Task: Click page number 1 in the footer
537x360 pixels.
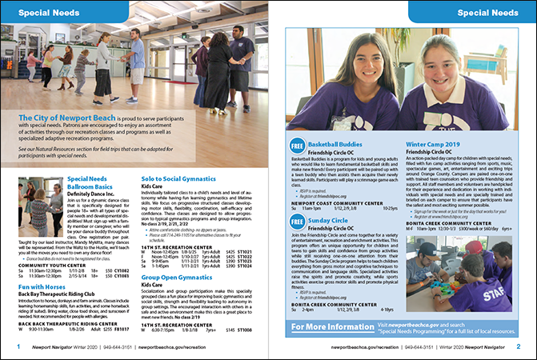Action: click(x=18, y=347)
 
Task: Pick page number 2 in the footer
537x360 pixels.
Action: click(x=519, y=347)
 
